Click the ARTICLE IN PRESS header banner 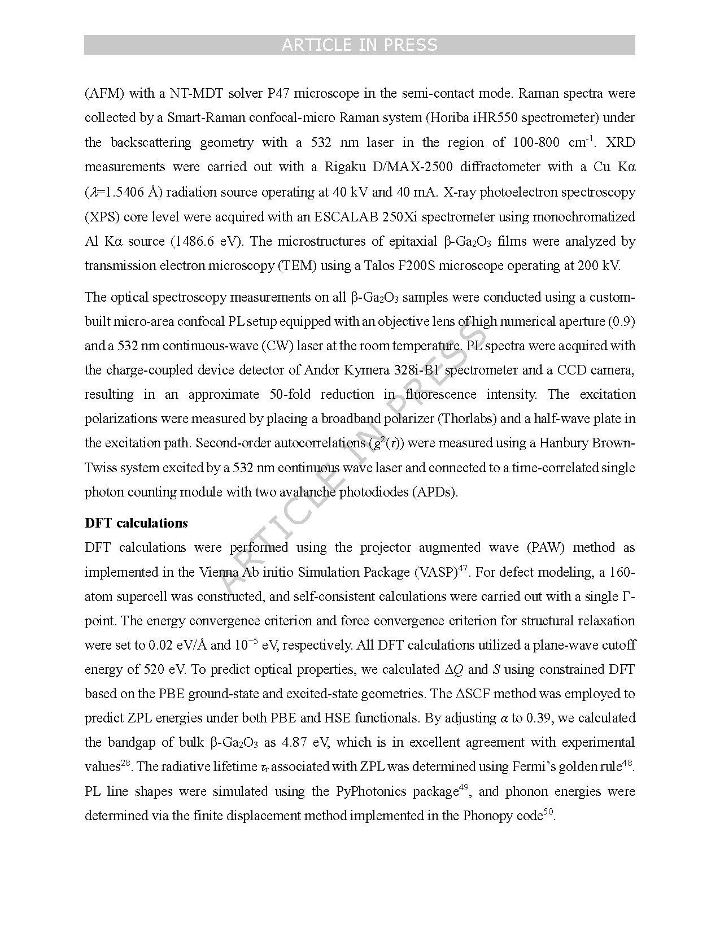pos(359,45)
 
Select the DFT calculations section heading pos(136,523)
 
